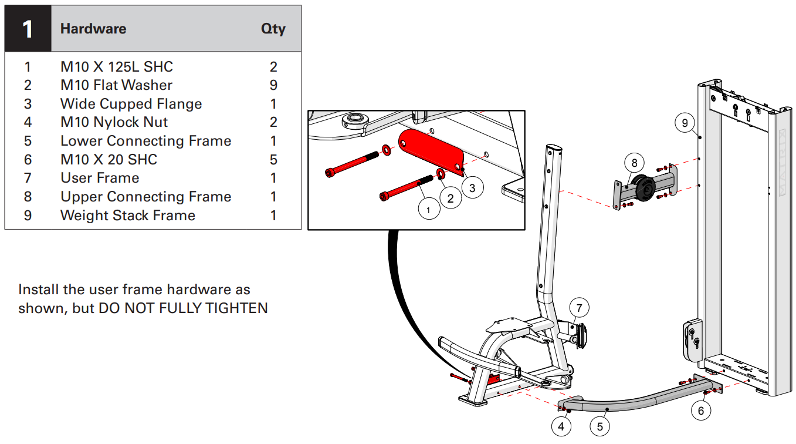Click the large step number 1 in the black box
coord(28,29)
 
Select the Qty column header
coord(273,29)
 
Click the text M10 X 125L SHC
coord(117,66)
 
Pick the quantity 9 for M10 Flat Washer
coord(273,85)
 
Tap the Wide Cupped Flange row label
coord(131,104)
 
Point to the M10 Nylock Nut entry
coord(114,122)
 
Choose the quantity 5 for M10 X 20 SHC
coord(273,160)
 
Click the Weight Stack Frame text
coord(127,216)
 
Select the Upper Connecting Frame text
coord(145,197)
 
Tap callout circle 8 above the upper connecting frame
coord(634,162)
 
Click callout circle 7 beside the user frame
coord(579,308)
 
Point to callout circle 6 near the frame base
coord(700,411)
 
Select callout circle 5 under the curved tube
coord(599,427)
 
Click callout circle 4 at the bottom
coord(561,427)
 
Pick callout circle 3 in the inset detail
coord(472,188)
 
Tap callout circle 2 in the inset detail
coord(450,198)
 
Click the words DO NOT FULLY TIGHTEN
coord(183,308)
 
